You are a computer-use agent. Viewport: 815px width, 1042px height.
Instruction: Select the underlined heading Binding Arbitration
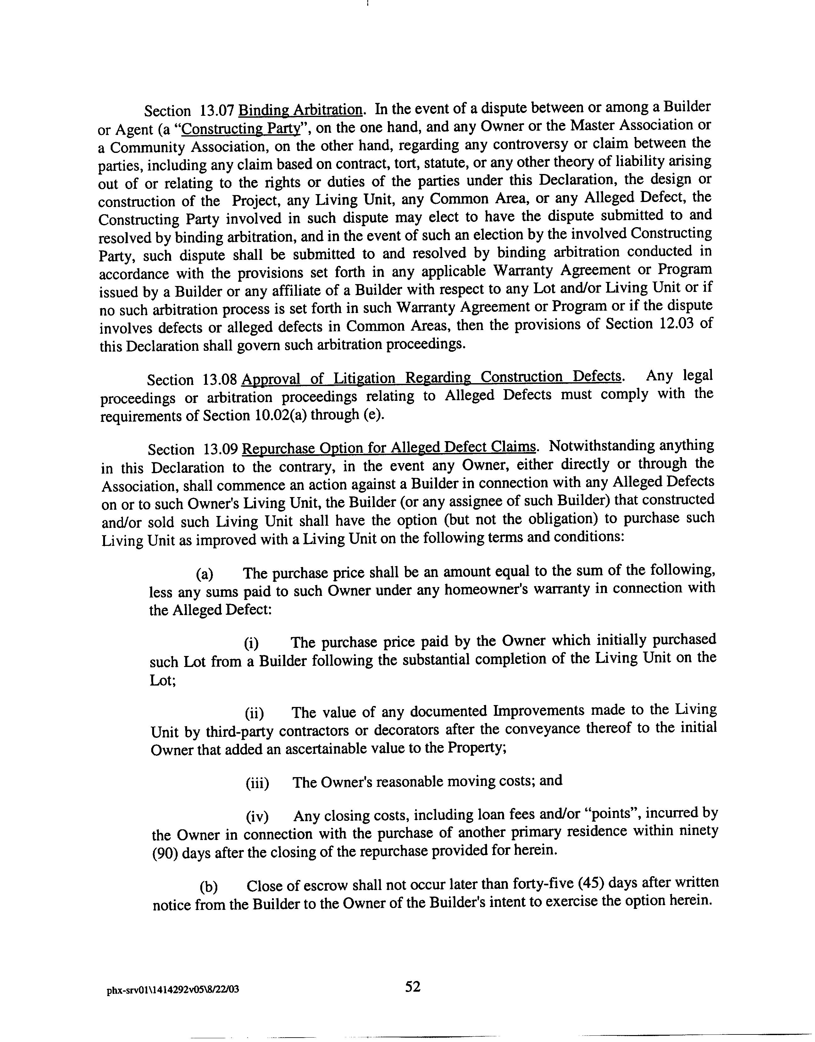300,110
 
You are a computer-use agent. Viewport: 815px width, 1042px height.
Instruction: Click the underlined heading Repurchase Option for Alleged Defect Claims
389,448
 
